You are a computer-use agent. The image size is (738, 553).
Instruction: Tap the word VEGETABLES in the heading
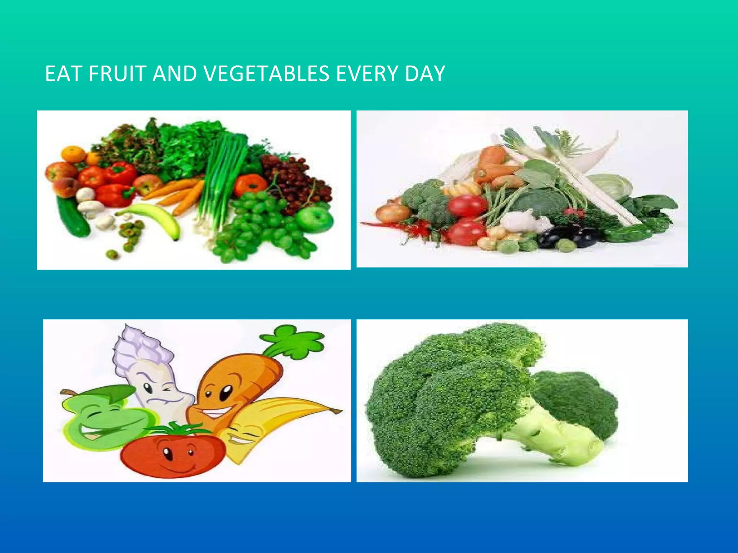pyautogui.click(x=266, y=74)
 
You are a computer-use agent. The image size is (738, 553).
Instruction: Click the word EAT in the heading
pyautogui.click(x=64, y=74)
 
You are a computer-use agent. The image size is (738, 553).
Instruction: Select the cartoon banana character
pyautogui.click(x=274, y=421)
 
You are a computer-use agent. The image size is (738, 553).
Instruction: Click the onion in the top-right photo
pyautogui.click(x=391, y=212)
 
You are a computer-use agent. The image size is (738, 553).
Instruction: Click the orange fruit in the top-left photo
pyautogui.click(x=74, y=154)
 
